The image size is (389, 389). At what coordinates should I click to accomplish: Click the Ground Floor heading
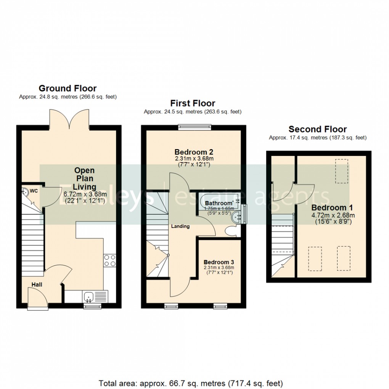[68, 88]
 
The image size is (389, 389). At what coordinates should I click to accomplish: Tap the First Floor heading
[193, 103]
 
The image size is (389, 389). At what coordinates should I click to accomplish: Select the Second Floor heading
[317, 129]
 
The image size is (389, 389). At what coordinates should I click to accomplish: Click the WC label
[34, 190]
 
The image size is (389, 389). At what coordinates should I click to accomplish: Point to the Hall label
[37, 285]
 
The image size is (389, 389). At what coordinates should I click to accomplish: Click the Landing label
[180, 226]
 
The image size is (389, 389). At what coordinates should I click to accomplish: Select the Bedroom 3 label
[218, 262]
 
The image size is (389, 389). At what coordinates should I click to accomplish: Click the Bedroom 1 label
[332, 208]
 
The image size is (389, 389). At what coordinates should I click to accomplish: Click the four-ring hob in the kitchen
[109, 260]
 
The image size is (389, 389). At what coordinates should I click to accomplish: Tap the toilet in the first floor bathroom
[231, 231]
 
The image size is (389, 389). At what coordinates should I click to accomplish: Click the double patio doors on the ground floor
[69, 118]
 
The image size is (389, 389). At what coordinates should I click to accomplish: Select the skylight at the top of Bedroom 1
[342, 171]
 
